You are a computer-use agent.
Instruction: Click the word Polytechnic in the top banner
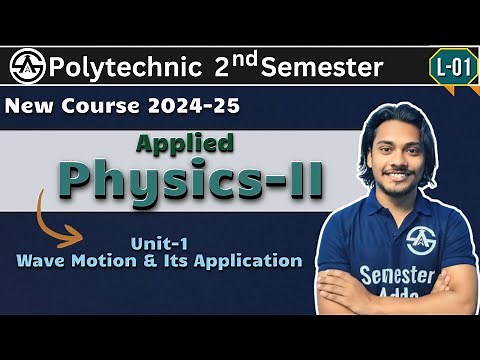(123, 68)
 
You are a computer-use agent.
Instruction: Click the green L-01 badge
(450, 67)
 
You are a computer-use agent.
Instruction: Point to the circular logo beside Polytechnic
(27, 68)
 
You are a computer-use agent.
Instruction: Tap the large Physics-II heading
(201, 181)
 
